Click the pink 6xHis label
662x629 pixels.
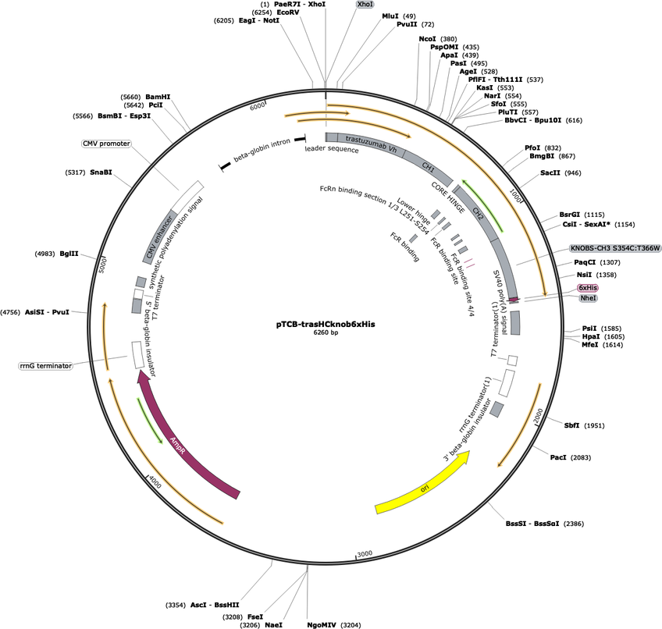point(588,287)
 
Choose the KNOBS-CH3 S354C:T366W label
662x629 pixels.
point(615,247)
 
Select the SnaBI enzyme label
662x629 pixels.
point(102,172)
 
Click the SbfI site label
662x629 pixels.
point(571,425)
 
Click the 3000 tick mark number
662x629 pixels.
point(365,553)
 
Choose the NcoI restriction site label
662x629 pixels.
point(427,38)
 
